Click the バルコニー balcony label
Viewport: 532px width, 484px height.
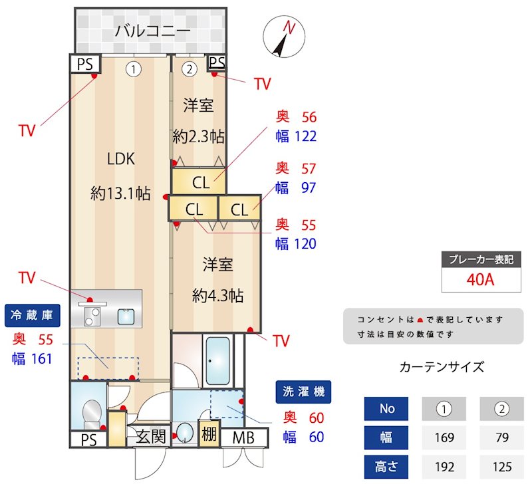152,31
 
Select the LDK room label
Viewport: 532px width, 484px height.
121,159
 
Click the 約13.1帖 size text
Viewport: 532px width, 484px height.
120,193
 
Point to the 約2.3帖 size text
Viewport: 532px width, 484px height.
198,137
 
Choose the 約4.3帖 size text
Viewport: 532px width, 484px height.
217,295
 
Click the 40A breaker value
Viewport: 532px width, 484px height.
480,279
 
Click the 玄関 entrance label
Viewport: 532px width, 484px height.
151,437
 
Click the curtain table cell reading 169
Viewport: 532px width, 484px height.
444,437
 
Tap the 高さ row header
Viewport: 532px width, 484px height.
387,467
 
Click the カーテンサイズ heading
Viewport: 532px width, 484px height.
442,367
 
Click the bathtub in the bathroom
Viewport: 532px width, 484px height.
217,362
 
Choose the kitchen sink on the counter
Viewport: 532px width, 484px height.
126,316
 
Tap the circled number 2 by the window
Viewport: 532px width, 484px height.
190,68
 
